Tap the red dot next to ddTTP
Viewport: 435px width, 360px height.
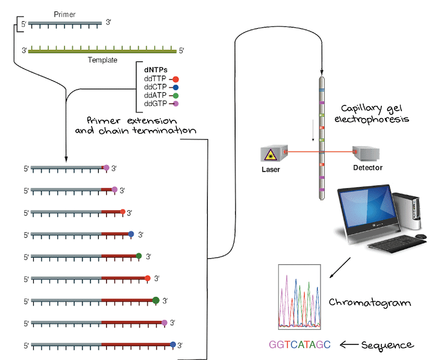coord(175,79)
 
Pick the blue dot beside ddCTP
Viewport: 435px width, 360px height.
coord(175,87)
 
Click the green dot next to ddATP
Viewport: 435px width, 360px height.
coord(175,95)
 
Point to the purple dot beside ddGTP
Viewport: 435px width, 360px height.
coord(175,104)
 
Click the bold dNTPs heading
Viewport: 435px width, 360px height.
coord(154,71)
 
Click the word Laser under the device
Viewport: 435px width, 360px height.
coord(272,169)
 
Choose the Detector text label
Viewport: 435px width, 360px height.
coord(368,167)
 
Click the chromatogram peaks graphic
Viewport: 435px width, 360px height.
coord(299,297)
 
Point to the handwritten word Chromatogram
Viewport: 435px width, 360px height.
coord(370,302)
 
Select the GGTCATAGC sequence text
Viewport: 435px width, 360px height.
coord(300,345)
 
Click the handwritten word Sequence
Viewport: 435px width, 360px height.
coord(388,345)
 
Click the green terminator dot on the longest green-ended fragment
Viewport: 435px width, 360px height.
coord(156,300)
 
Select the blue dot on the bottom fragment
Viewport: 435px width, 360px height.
coord(174,344)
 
